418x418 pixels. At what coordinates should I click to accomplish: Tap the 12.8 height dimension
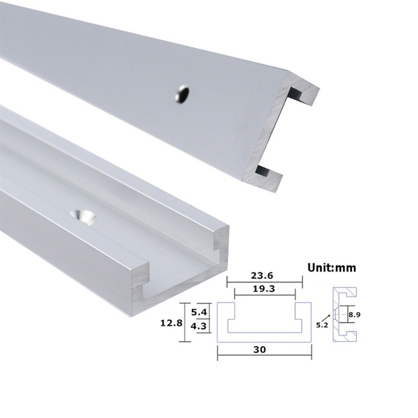[171, 322]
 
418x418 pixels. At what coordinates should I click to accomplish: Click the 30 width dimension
[264, 351]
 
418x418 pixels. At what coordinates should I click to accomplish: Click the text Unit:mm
[331, 268]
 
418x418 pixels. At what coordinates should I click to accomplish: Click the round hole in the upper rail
[182, 94]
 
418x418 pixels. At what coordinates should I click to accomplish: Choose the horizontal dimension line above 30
[264, 358]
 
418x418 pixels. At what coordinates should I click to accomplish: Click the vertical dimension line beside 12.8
[182, 322]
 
